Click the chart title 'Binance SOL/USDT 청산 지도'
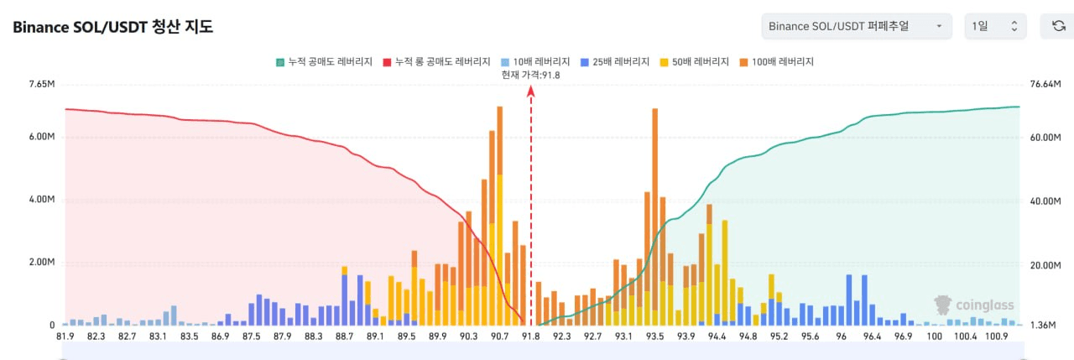click(x=112, y=27)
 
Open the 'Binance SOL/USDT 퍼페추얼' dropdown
click(x=856, y=27)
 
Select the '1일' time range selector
click(x=995, y=27)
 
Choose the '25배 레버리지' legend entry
click(x=616, y=62)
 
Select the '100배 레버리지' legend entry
click(x=778, y=62)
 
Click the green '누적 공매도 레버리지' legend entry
click(x=325, y=62)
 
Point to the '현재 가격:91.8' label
click(x=530, y=75)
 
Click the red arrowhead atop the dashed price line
click(x=530, y=92)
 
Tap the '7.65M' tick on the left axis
click(x=41, y=85)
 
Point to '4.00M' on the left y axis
click(x=41, y=201)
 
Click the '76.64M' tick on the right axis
click(x=1045, y=85)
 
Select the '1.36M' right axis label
click(x=1042, y=325)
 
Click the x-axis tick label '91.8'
click(x=531, y=337)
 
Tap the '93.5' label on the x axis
click(x=654, y=337)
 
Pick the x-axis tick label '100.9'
click(x=997, y=337)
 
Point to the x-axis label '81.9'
click(x=65, y=337)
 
